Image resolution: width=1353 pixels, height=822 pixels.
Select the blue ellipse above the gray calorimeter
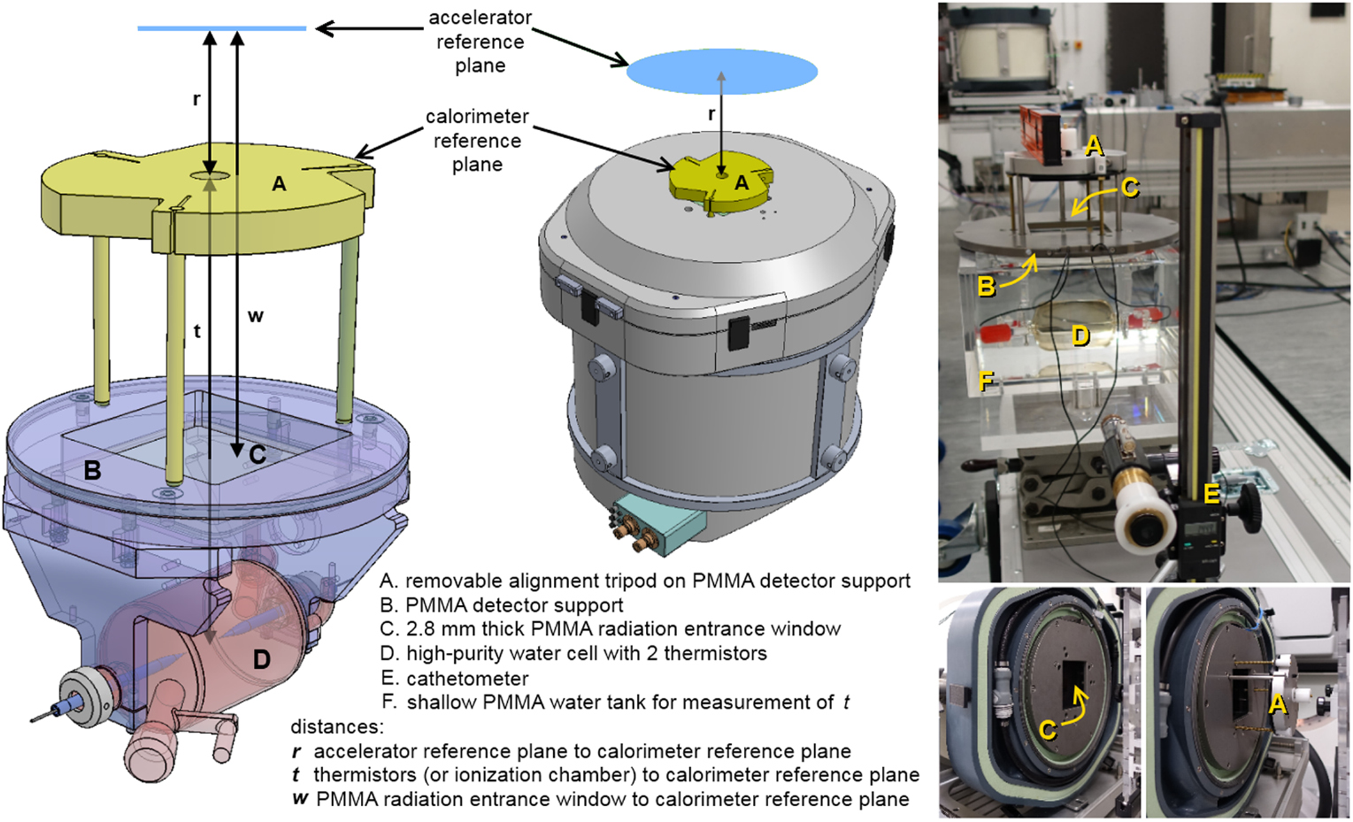click(721, 72)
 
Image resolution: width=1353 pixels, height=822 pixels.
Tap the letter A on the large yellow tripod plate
click(279, 184)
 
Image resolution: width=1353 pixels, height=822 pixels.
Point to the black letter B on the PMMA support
click(92, 471)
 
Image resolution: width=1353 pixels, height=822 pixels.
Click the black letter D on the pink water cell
click(261, 659)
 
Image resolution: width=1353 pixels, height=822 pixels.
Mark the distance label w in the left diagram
click(255, 316)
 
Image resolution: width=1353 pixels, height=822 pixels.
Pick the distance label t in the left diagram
click(196, 331)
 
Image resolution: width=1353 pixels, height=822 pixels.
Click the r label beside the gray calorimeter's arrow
click(711, 114)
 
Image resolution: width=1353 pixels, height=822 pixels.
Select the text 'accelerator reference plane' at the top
click(480, 42)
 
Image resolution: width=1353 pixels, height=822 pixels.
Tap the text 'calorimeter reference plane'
click(477, 141)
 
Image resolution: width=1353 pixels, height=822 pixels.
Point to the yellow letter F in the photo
click(986, 381)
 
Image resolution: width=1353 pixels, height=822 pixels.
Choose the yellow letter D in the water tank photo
click(1080, 335)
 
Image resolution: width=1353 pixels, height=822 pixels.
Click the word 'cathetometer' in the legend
click(466, 679)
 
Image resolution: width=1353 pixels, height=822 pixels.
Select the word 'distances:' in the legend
click(337, 727)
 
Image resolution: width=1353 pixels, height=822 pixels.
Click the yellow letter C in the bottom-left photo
click(1048, 730)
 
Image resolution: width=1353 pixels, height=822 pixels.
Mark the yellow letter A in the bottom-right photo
click(1277, 703)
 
